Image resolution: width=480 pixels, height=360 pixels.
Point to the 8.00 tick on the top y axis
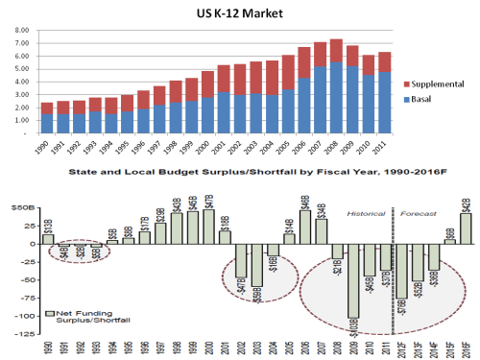pos(21,31)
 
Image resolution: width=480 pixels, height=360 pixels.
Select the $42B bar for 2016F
pos(466,228)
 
